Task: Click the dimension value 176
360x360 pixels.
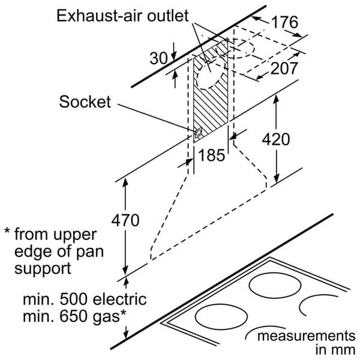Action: [x=284, y=22]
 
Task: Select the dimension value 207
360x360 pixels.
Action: [x=284, y=68]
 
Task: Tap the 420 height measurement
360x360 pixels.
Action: [x=276, y=139]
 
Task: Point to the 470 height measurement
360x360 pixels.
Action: [x=125, y=220]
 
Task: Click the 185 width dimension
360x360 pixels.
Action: [x=211, y=155]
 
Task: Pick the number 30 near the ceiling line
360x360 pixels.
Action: [x=158, y=58]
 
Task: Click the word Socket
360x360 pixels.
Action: [x=85, y=102]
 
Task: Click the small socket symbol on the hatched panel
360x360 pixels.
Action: [x=198, y=133]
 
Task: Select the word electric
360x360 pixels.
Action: [x=119, y=299]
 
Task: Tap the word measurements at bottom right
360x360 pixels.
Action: [x=306, y=336]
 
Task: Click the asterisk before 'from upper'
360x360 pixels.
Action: [x=7, y=231]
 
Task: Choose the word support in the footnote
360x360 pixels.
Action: [x=43, y=269]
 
